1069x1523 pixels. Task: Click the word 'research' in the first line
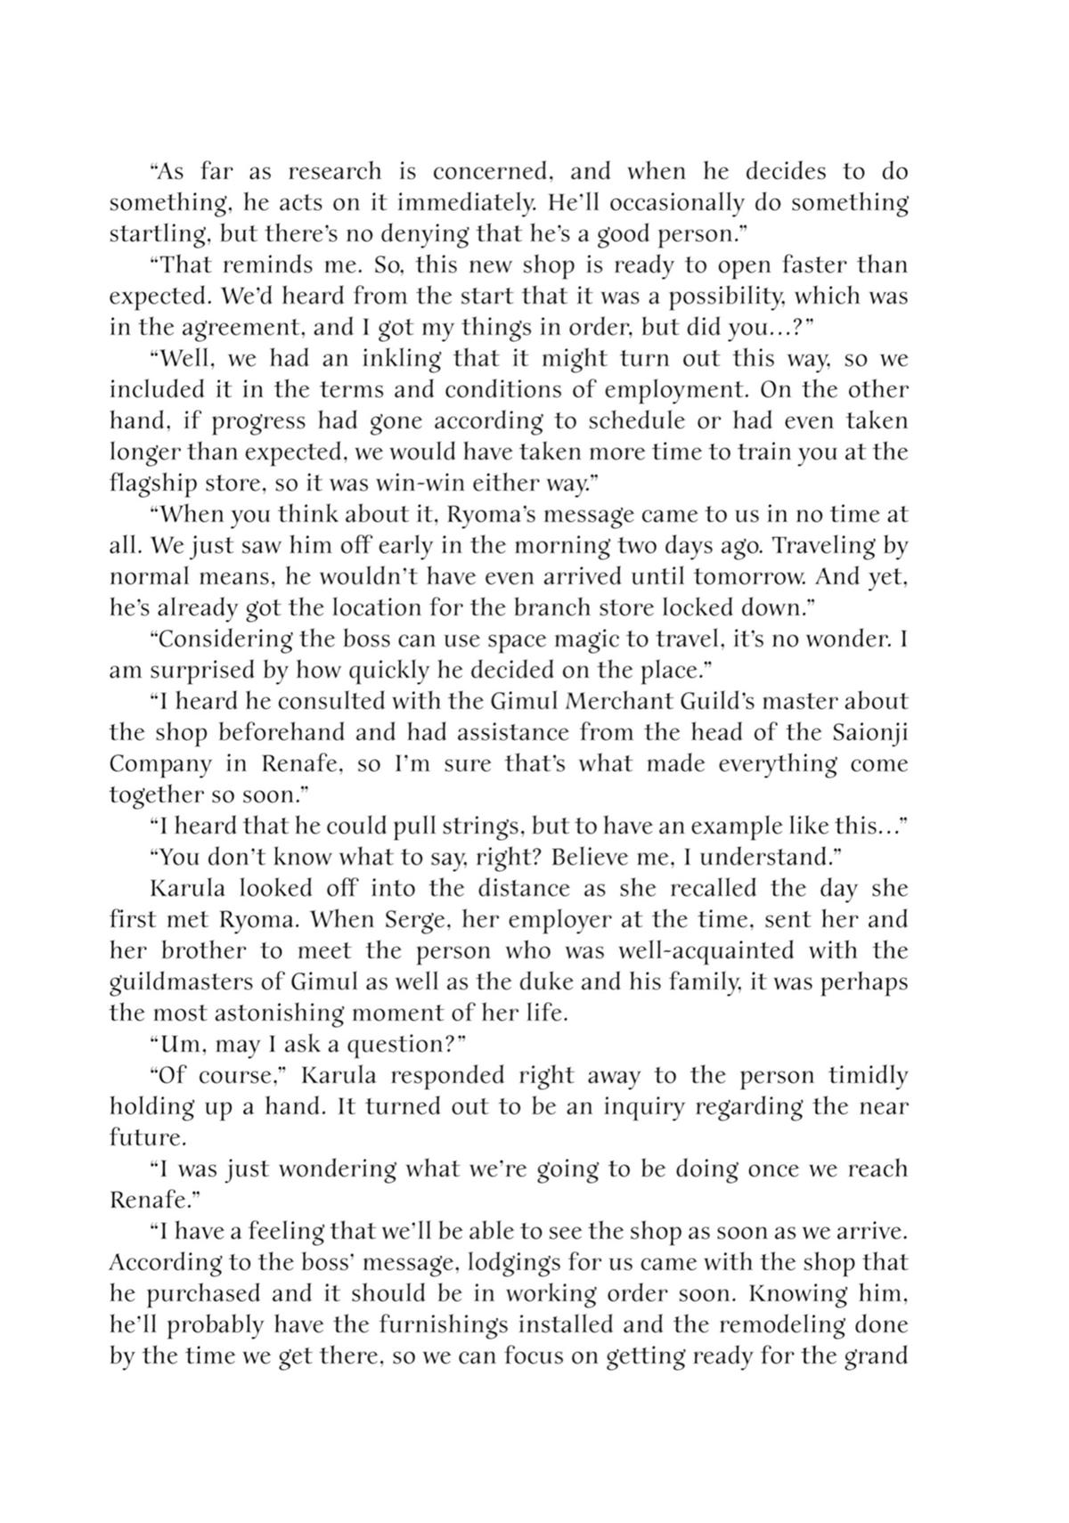click(335, 171)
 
